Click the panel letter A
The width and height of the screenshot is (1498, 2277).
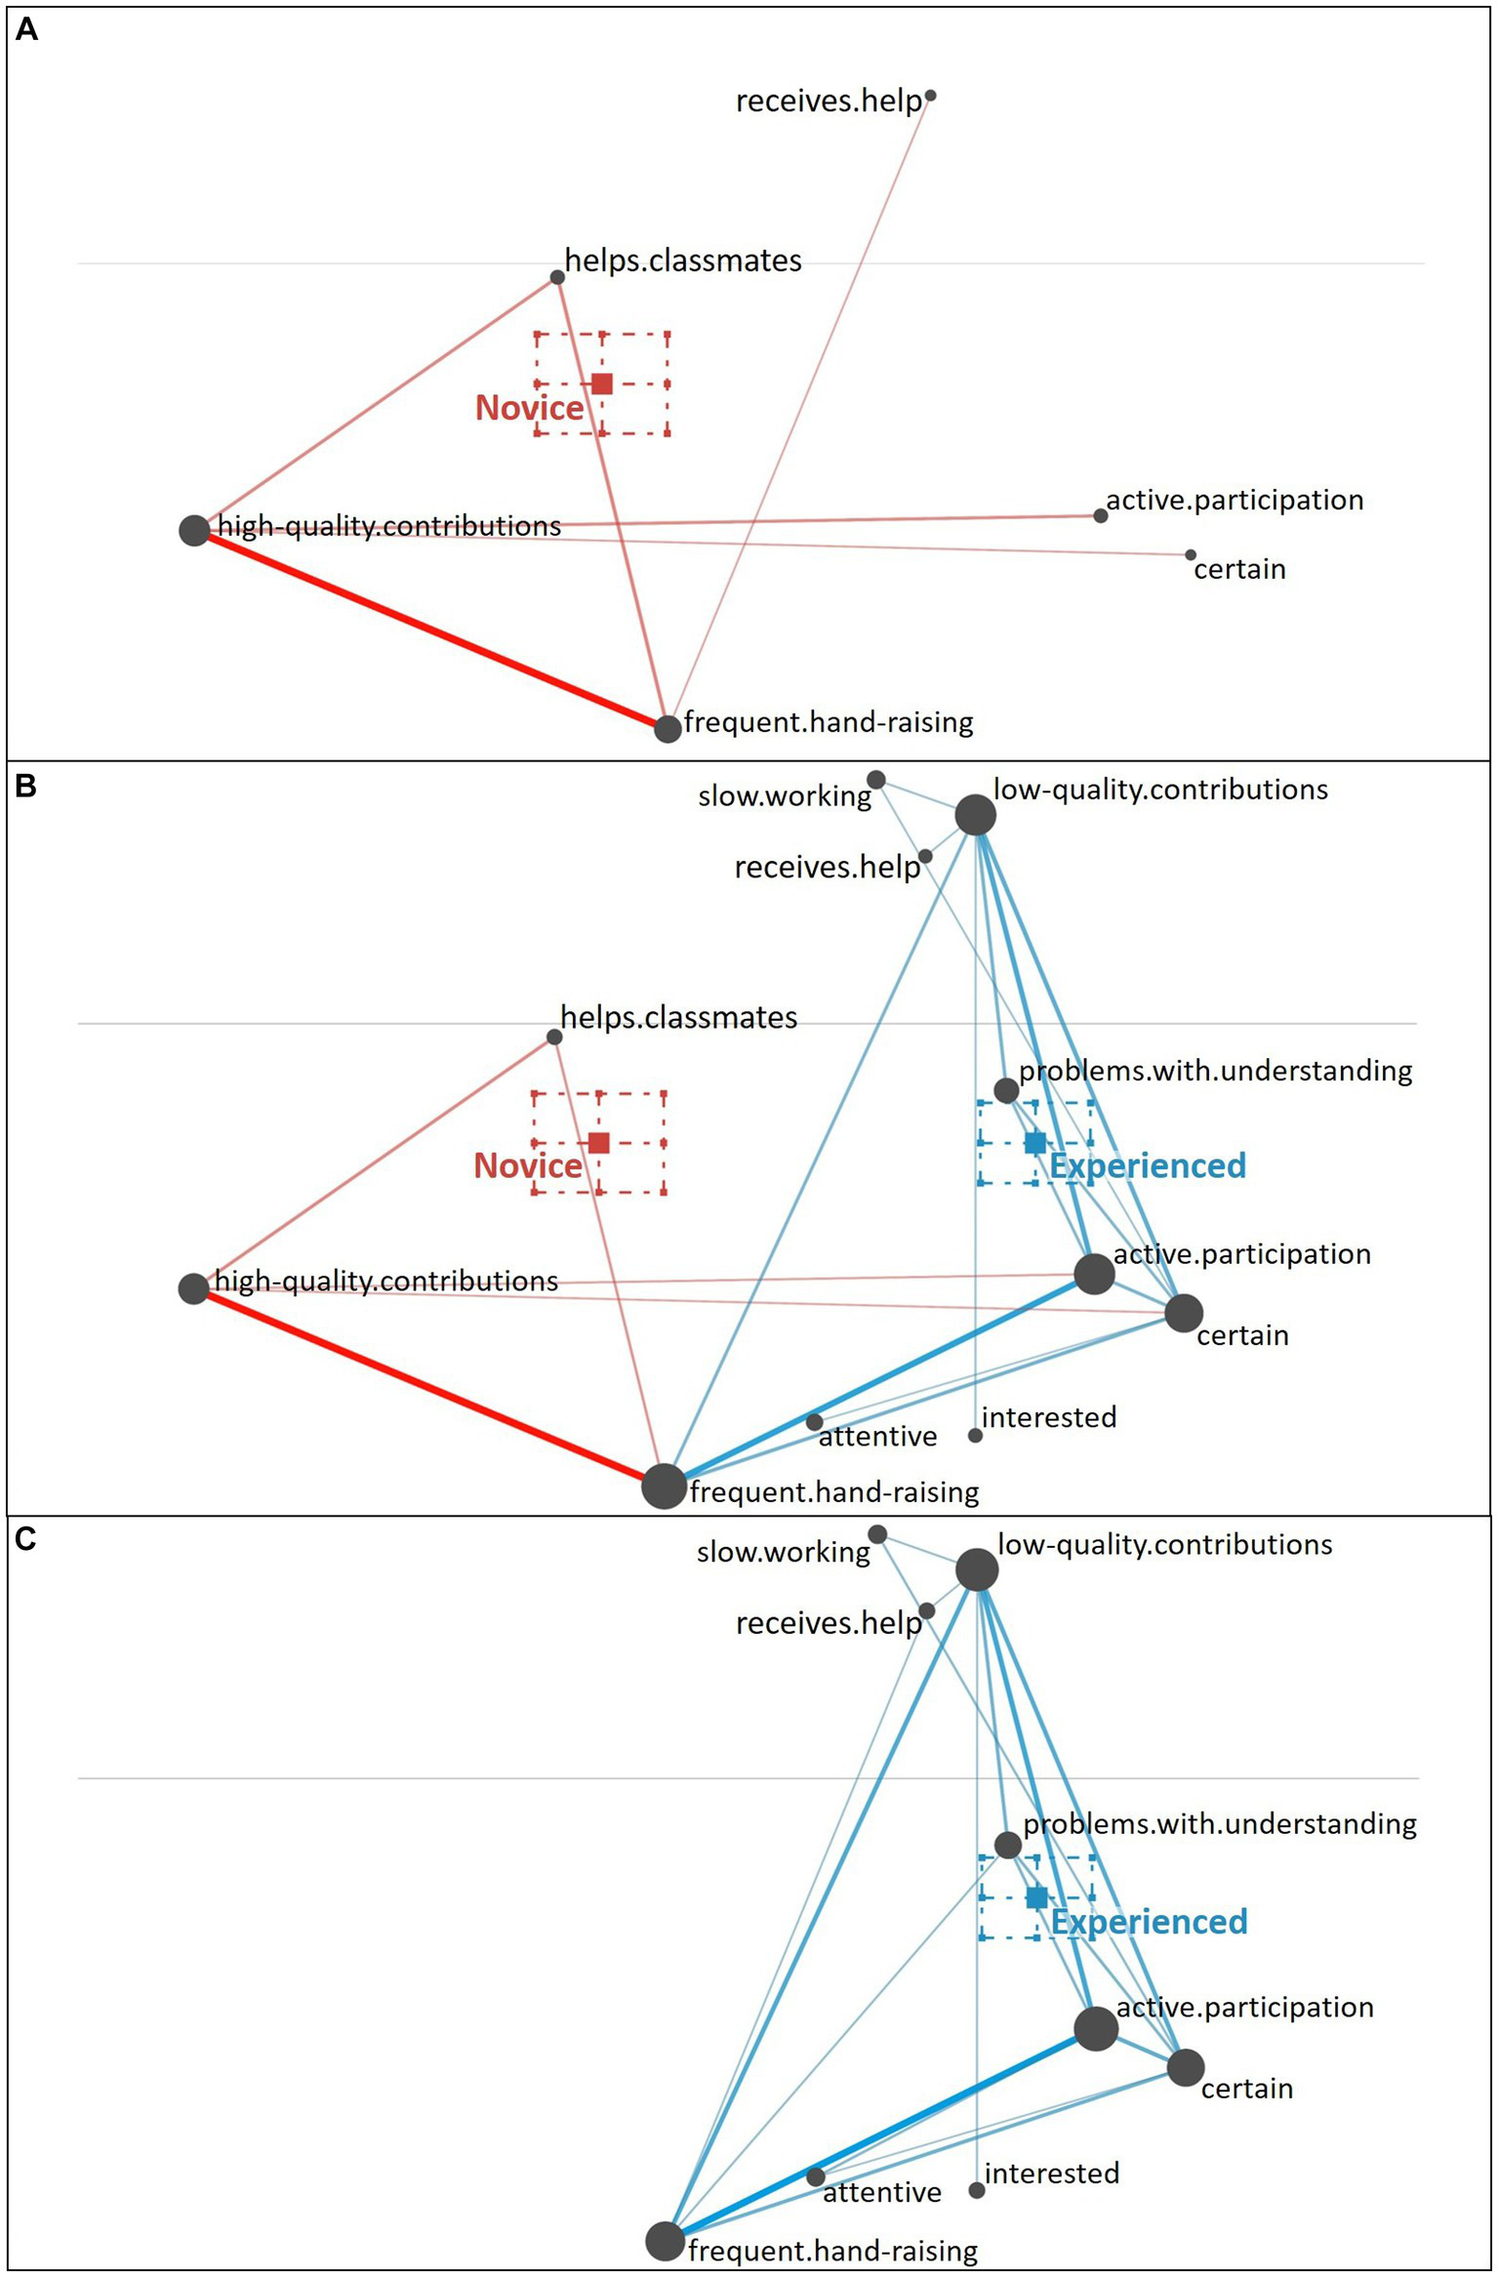27,30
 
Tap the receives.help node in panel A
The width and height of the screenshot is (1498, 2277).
930,96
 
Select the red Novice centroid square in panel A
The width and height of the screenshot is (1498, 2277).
602,384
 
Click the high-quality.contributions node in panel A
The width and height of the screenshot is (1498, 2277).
194,530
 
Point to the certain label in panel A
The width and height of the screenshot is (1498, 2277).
1239,569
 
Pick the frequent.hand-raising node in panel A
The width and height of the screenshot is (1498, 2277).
668,728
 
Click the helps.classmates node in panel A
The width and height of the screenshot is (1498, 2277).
557,277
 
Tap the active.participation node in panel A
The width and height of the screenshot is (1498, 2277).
1101,515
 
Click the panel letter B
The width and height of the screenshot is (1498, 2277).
26,786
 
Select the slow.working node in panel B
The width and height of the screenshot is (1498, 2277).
876,779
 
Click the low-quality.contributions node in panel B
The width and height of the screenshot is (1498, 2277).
975,815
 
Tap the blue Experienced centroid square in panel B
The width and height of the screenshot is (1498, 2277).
1035,1143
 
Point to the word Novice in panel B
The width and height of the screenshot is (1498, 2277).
528,1166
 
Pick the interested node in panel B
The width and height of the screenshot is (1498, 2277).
975,1435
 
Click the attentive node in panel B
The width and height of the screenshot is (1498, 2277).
815,1422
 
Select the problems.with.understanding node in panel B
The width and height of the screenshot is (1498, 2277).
1006,1089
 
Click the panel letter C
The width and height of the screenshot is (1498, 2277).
26,1539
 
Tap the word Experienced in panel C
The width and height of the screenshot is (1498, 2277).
1150,1922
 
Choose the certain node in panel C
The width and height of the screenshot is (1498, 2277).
1186,2067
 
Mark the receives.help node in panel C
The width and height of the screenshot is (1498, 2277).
927,1610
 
